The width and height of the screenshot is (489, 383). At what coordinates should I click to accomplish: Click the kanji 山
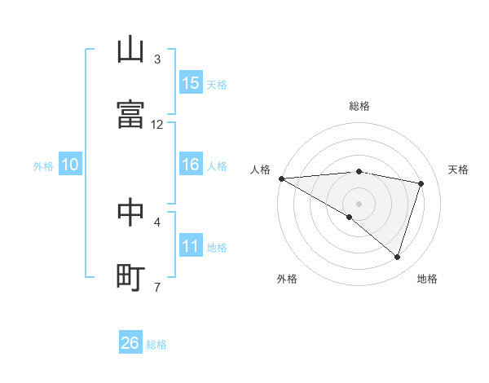[x=130, y=50]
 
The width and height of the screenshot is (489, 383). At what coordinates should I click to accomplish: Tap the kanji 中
[x=130, y=212]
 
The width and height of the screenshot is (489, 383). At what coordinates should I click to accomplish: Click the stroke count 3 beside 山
[x=157, y=59]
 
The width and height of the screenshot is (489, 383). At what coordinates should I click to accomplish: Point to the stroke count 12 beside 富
[x=157, y=124]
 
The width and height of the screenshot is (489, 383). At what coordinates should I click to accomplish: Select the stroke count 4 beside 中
[x=157, y=222]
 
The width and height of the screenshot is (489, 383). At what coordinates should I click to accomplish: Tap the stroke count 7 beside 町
[x=157, y=287]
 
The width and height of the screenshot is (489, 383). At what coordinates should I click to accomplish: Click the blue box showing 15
[x=191, y=83]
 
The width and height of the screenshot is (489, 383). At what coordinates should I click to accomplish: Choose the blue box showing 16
[x=191, y=165]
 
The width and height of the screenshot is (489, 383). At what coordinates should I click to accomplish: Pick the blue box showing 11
[x=191, y=246]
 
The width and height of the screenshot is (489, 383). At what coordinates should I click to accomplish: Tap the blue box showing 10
[x=70, y=165]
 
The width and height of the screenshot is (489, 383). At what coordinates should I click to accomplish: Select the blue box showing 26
[x=130, y=343]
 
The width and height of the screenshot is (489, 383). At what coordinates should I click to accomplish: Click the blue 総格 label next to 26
[x=156, y=345]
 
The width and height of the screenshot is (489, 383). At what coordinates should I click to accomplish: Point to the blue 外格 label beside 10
[x=43, y=166]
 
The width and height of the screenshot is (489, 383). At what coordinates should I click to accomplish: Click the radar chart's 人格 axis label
[x=260, y=169]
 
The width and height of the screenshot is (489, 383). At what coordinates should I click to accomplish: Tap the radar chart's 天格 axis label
[x=459, y=169]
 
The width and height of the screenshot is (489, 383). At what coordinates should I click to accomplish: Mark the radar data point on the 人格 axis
[x=281, y=178]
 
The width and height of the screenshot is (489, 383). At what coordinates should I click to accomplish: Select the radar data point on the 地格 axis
[x=397, y=257]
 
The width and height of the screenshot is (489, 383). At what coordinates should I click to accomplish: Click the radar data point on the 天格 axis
[x=421, y=183]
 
